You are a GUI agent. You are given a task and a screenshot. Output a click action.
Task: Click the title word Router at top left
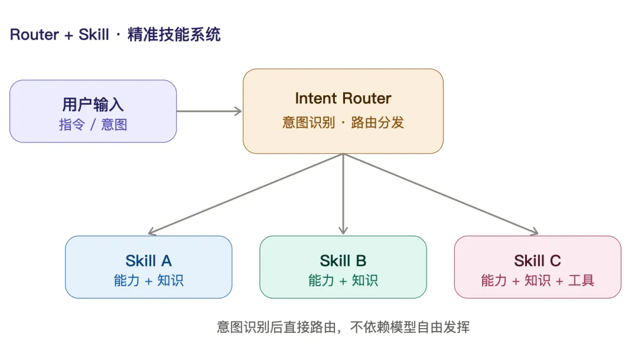[35, 35]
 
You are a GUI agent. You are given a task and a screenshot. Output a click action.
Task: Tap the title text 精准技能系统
[174, 35]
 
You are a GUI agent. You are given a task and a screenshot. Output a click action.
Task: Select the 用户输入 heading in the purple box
[93, 105]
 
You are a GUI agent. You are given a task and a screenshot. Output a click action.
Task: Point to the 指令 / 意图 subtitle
[93, 124]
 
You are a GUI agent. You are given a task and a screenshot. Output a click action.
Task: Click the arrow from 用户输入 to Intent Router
[209, 111]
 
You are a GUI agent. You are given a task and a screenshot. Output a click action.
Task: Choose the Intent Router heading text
[343, 98]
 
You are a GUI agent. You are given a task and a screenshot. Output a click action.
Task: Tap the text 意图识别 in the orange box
[308, 122]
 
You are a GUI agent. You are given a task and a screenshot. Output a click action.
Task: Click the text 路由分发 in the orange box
[377, 122]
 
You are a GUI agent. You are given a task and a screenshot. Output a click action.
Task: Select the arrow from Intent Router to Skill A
[246, 194]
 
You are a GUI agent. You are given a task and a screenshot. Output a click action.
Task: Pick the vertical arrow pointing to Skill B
[343, 194]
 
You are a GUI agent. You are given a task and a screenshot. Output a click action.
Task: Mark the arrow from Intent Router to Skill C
[441, 194]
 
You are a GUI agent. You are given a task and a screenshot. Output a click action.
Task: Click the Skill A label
[148, 261]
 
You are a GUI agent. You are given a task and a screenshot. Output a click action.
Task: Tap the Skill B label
[343, 261]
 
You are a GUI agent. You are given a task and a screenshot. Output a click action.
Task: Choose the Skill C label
[538, 261]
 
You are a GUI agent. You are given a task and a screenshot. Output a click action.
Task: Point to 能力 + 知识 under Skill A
[148, 280]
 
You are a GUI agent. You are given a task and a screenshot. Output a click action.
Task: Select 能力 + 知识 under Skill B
[343, 280]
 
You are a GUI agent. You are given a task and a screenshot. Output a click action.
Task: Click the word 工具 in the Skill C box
[581, 280]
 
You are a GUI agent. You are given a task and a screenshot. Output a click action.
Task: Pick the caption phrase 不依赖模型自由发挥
[410, 327]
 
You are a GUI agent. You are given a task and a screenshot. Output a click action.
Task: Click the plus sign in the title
[69, 35]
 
